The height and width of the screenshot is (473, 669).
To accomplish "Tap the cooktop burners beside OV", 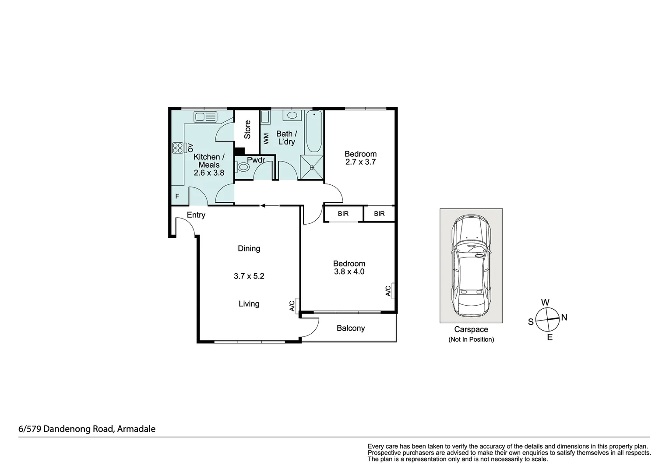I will click(x=178, y=148).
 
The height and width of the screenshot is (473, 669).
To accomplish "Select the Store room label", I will click(x=247, y=130).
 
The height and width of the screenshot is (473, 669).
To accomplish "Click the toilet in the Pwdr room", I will click(x=242, y=167).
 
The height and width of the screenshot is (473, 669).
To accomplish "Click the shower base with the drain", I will click(x=312, y=167).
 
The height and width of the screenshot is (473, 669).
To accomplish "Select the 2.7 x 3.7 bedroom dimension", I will click(x=360, y=162).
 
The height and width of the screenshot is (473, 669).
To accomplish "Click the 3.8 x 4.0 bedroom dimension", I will click(x=349, y=272).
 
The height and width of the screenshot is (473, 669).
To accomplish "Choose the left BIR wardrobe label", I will click(x=343, y=214).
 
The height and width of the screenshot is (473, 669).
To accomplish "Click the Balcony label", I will click(x=351, y=328).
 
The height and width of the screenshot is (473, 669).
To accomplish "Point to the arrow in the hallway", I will click(x=270, y=205).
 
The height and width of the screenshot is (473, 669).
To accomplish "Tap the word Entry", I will click(x=196, y=215).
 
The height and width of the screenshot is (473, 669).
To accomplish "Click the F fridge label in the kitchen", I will click(x=177, y=196).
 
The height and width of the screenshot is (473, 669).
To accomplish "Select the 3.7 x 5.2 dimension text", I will click(x=249, y=276).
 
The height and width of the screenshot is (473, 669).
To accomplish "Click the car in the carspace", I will click(x=471, y=265).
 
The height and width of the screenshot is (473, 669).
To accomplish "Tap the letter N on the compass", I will click(x=564, y=317).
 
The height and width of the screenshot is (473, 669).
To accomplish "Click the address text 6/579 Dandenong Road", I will click(x=87, y=429).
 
